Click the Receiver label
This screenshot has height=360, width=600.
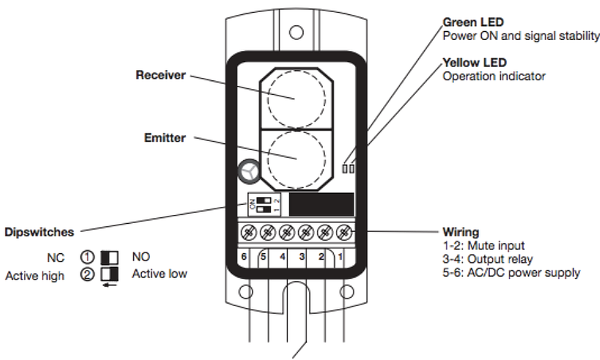click(161, 75)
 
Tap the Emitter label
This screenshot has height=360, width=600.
click(165, 138)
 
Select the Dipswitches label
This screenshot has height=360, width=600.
click(39, 232)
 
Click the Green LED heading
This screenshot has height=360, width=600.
click(473, 22)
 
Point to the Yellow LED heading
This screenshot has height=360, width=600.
click(475, 62)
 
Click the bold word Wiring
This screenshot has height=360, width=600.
click(461, 232)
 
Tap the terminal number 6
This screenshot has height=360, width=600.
click(244, 256)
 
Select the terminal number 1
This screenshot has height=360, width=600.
click(340, 256)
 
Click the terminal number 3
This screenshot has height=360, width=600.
click(302, 256)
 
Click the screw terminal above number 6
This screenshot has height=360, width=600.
click(248, 232)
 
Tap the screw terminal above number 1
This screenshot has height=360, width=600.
click(344, 232)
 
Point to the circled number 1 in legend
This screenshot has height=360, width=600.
click(87, 257)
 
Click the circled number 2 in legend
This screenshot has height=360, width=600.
click(87, 274)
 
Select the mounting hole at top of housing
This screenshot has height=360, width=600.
click(296, 32)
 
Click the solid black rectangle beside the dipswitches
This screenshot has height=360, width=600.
click(322, 204)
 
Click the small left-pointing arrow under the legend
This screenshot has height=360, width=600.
click(110, 285)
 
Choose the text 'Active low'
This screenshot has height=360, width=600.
click(160, 274)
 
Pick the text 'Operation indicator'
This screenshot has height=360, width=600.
click(494, 76)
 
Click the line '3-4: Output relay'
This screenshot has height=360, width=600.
click(487, 259)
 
